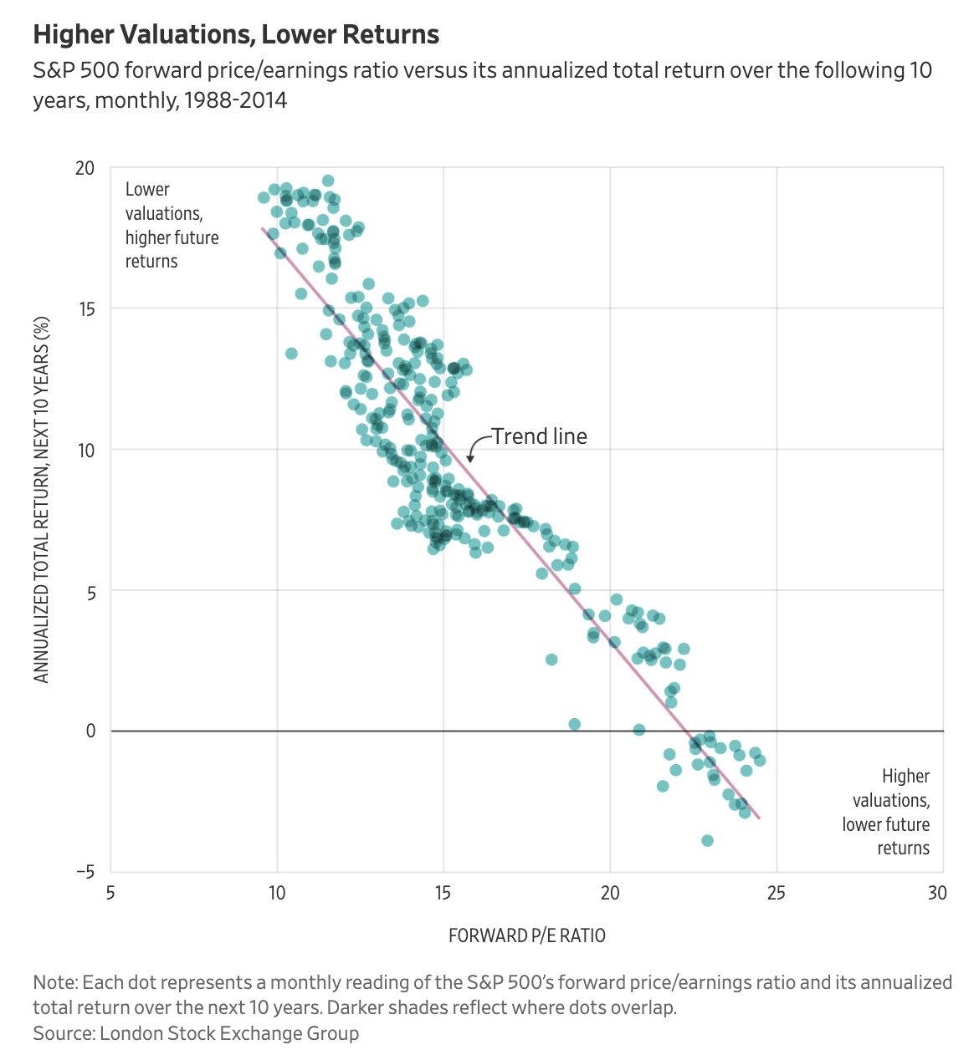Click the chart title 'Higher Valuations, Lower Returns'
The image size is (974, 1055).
236,34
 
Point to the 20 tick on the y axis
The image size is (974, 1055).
85,168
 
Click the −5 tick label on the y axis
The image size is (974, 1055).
85,872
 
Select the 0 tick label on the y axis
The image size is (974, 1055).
90,731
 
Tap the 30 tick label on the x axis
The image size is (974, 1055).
937,893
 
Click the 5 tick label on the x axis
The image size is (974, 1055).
111,893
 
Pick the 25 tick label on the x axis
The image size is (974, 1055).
776,893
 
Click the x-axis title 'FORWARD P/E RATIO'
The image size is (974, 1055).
526,935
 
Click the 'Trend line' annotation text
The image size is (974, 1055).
539,436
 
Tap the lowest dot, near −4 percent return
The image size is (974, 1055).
707,840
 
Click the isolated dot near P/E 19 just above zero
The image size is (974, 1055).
574,724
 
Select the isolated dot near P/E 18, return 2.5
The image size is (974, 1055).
551,660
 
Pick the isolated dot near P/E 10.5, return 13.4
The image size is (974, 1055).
291,354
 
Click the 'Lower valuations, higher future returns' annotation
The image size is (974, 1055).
172,226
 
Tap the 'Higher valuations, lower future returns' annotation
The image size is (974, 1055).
886,813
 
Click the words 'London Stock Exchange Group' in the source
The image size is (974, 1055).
229,1033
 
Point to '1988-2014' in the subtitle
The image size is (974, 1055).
235,101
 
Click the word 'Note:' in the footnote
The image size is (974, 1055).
55,982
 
